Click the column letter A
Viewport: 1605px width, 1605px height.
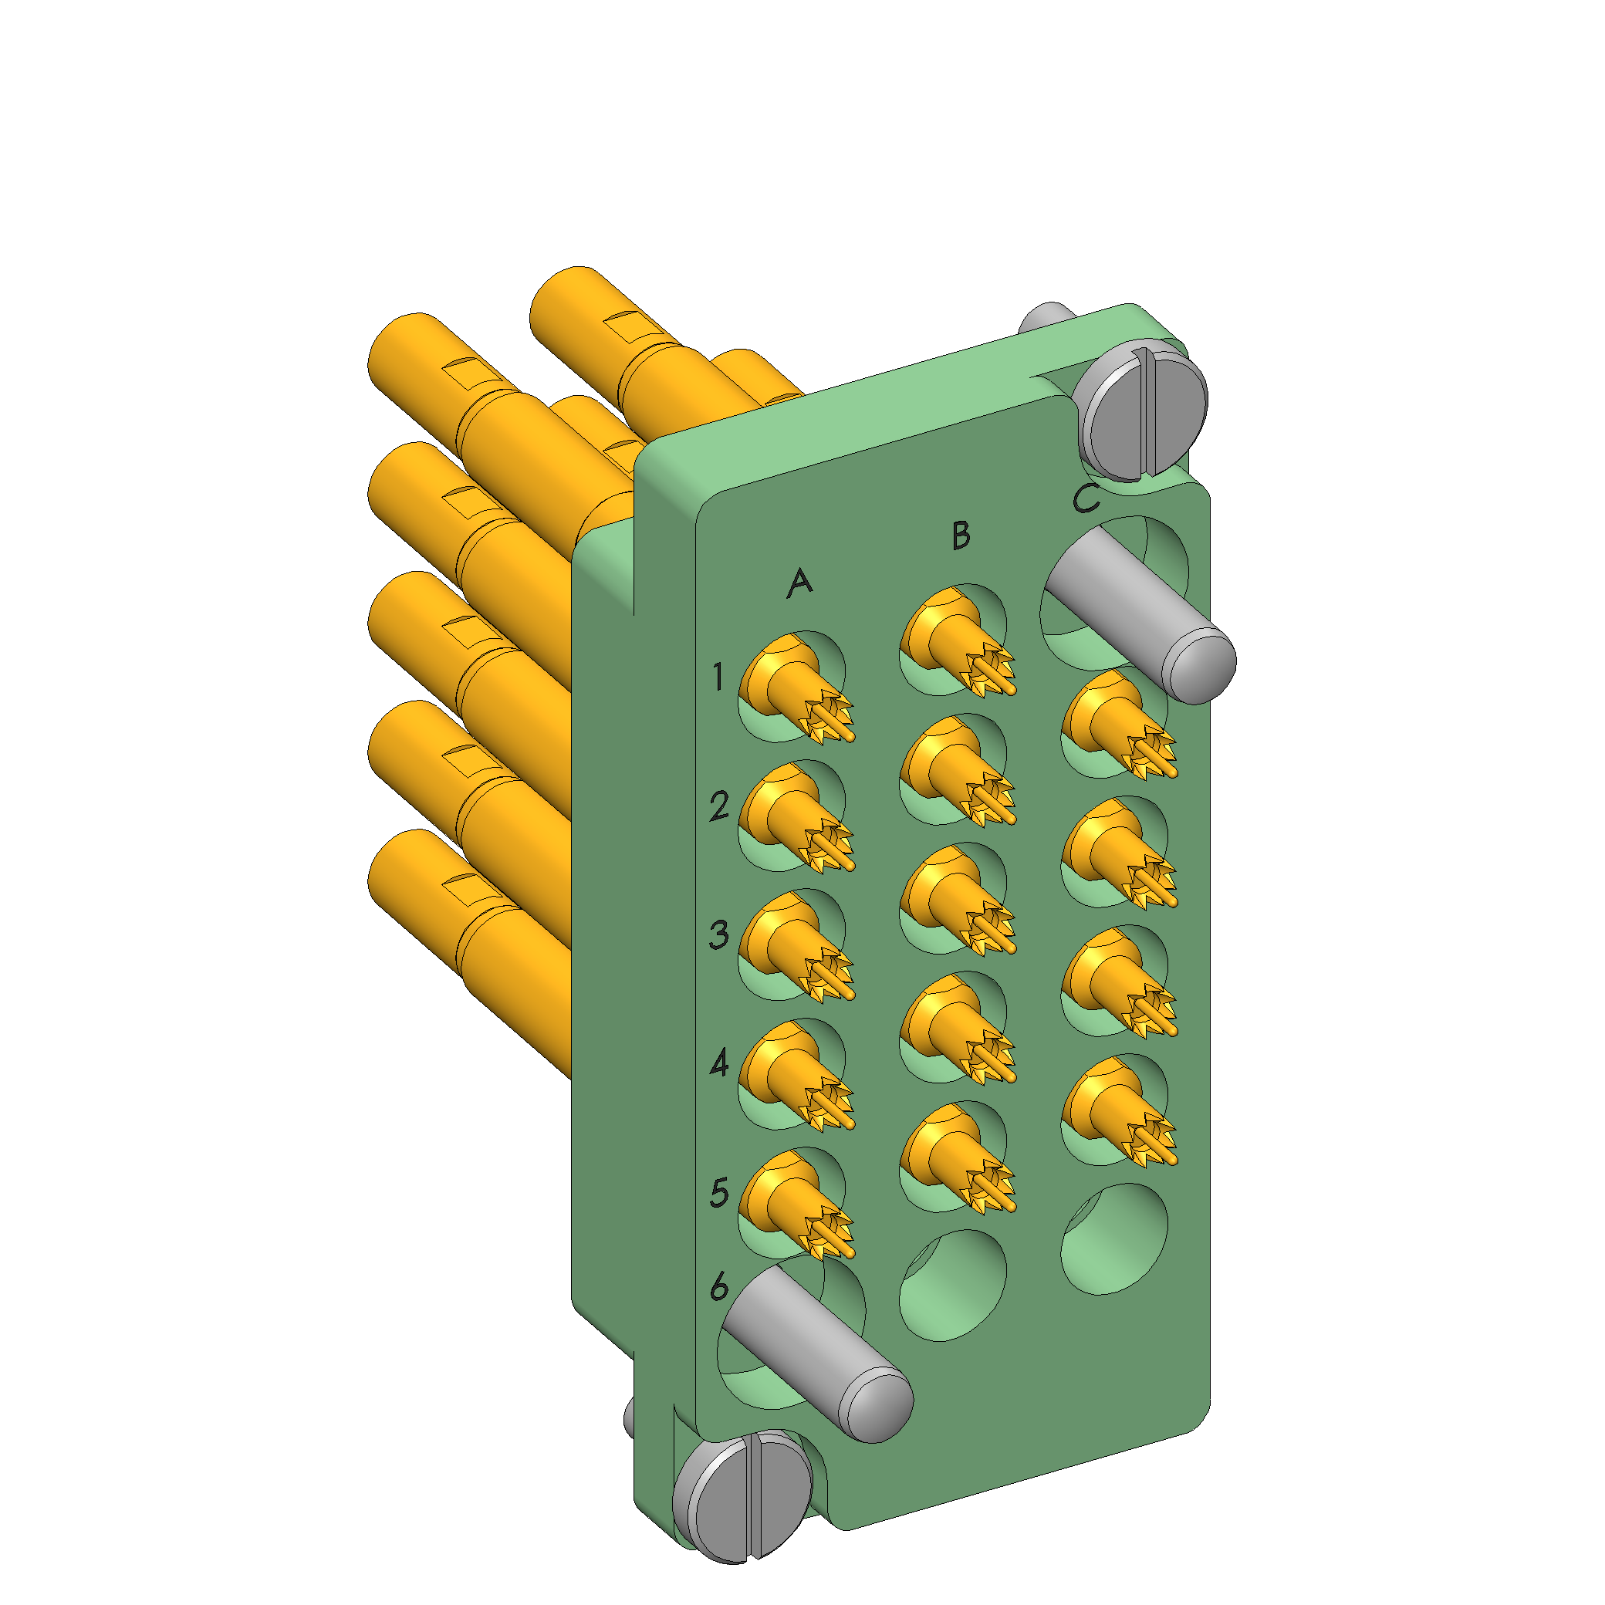point(799,583)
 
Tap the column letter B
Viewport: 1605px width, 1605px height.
point(961,536)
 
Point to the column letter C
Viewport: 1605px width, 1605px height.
point(1086,498)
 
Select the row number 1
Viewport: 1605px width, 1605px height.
point(718,677)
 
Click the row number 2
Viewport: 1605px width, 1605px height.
point(719,806)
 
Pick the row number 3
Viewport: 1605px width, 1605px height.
point(719,934)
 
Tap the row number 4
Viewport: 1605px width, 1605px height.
point(719,1063)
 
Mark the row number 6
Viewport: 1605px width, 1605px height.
point(719,1287)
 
